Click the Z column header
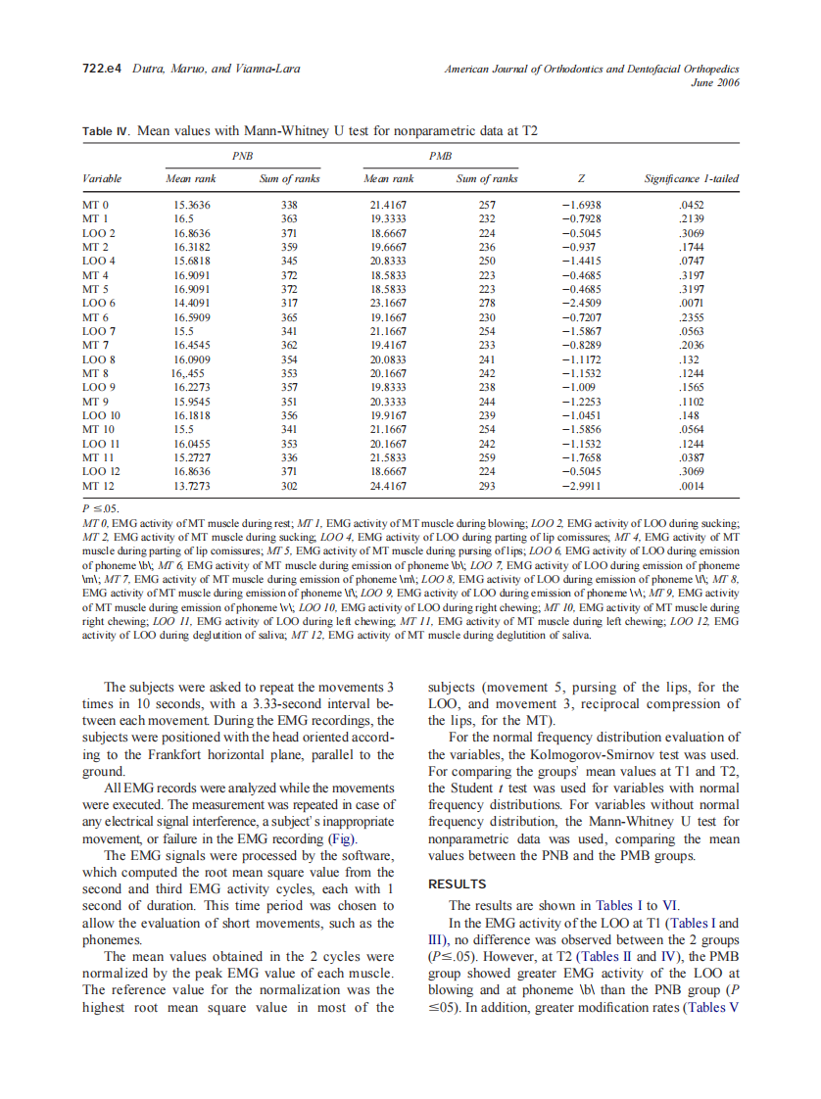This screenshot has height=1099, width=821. click(582, 178)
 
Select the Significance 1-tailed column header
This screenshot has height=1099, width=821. click(691, 178)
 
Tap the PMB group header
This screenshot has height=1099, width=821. click(440, 154)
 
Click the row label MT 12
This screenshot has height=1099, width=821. click(98, 486)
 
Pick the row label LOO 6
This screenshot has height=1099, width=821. click(99, 304)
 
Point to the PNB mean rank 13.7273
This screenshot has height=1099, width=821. click(191, 486)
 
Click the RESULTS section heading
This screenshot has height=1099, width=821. click(458, 884)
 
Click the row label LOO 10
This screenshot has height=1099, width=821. click(100, 416)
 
